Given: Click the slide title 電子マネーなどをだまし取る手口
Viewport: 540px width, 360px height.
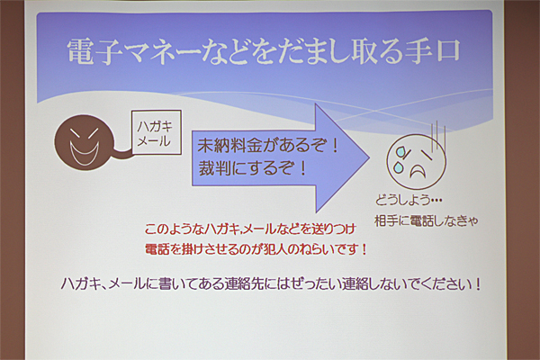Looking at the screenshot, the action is (x=264, y=51).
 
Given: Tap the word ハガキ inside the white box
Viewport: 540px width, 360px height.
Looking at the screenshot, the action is (x=155, y=126).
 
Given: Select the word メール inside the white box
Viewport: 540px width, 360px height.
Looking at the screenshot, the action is (x=154, y=141).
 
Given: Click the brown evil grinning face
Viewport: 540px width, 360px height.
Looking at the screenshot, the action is (x=85, y=142).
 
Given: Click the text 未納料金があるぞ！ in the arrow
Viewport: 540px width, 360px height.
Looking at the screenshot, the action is (x=268, y=146).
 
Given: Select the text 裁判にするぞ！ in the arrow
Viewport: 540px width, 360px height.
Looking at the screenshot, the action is (x=252, y=168).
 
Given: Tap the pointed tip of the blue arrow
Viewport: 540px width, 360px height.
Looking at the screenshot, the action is (x=370, y=158).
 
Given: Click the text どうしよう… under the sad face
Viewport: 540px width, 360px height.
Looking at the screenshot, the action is (x=409, y=200).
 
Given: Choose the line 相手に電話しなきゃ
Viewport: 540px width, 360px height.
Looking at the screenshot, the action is (x=427, y=220).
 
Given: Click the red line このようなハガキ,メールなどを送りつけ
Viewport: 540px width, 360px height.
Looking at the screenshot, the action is (x=250, y=229).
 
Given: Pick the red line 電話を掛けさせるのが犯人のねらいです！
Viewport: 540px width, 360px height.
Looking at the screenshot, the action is (x=256, y=249).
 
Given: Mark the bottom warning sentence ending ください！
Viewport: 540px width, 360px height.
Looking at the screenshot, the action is (x=271, y=284).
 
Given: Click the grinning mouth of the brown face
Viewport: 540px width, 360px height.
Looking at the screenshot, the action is (x=85, y=154).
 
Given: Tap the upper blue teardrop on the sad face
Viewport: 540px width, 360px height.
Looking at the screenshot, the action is (x=400, y=151).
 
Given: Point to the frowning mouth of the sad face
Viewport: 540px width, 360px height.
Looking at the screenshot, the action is (x=418, y=170).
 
